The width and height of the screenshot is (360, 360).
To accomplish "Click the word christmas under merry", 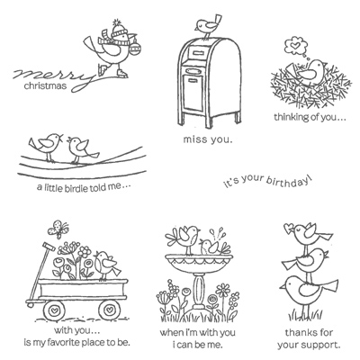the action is point(45,85).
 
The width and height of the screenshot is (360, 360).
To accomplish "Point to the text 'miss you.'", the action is point(208,139).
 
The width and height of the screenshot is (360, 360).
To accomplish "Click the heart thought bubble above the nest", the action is point(293,46).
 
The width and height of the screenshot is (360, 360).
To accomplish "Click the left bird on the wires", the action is point(47,146).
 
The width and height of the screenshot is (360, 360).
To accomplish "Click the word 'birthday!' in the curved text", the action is point(290,182).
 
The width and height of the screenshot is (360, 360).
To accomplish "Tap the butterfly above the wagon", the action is point(58,229).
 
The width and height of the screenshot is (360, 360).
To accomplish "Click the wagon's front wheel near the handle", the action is point(54,309).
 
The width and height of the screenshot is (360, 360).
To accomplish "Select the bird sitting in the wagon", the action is point(106,265).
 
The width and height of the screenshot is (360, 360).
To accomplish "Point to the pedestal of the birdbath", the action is point(198,290).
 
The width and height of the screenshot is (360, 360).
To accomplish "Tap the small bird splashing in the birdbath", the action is point(212,246).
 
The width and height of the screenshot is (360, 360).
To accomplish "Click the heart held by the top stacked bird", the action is point(289,227).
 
